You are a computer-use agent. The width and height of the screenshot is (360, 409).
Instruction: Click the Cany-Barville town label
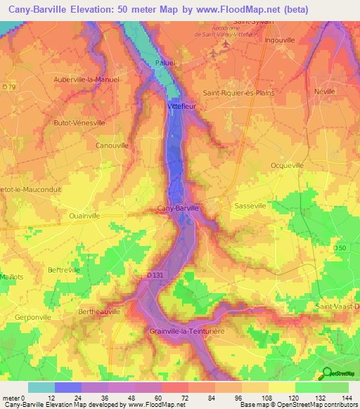click(x=179, y=208)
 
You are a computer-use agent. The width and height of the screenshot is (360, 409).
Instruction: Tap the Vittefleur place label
click(x=181, y=106)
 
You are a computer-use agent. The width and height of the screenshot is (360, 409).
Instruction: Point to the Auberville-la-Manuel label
click(x=86, y=79)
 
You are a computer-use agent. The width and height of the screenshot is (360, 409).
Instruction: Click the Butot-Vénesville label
click(x=79, y=122)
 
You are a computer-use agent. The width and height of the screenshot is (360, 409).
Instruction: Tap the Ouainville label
click(x=85, y=216)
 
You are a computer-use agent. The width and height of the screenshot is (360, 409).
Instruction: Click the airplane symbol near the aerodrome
click(x=225, y=44)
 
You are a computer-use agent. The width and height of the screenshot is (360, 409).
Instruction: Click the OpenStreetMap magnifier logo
click(x=326, y=374)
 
